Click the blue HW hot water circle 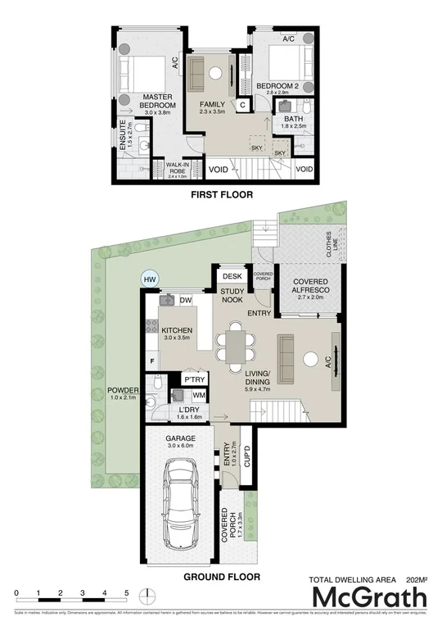(149, 279)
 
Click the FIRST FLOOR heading (221, 195)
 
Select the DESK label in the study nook (232, 277)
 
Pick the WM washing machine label (199, 396)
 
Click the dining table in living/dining (235, 344)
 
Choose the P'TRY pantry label (194, 380)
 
